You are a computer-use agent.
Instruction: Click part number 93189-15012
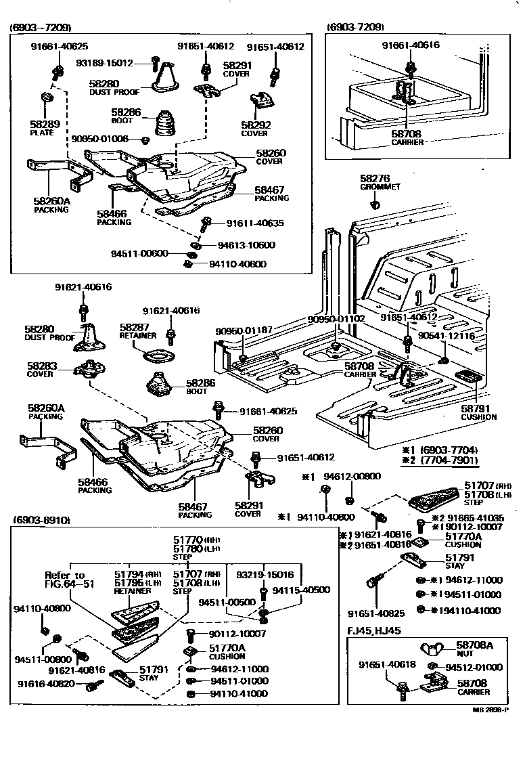click(104, 63)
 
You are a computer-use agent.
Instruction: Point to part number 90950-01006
click(100, 139)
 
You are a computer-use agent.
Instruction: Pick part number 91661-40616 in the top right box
click(410, 45)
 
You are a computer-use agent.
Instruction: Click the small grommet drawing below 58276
click(378, 203)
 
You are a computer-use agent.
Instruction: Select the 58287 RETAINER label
click(139, 330)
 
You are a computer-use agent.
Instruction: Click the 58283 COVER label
click(42, 369)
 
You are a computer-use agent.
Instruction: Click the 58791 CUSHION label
click(479, 412)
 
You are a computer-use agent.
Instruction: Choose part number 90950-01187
click(244, 330)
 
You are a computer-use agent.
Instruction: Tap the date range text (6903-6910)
click(41, 520)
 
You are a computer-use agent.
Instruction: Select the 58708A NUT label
click(474, 649)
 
